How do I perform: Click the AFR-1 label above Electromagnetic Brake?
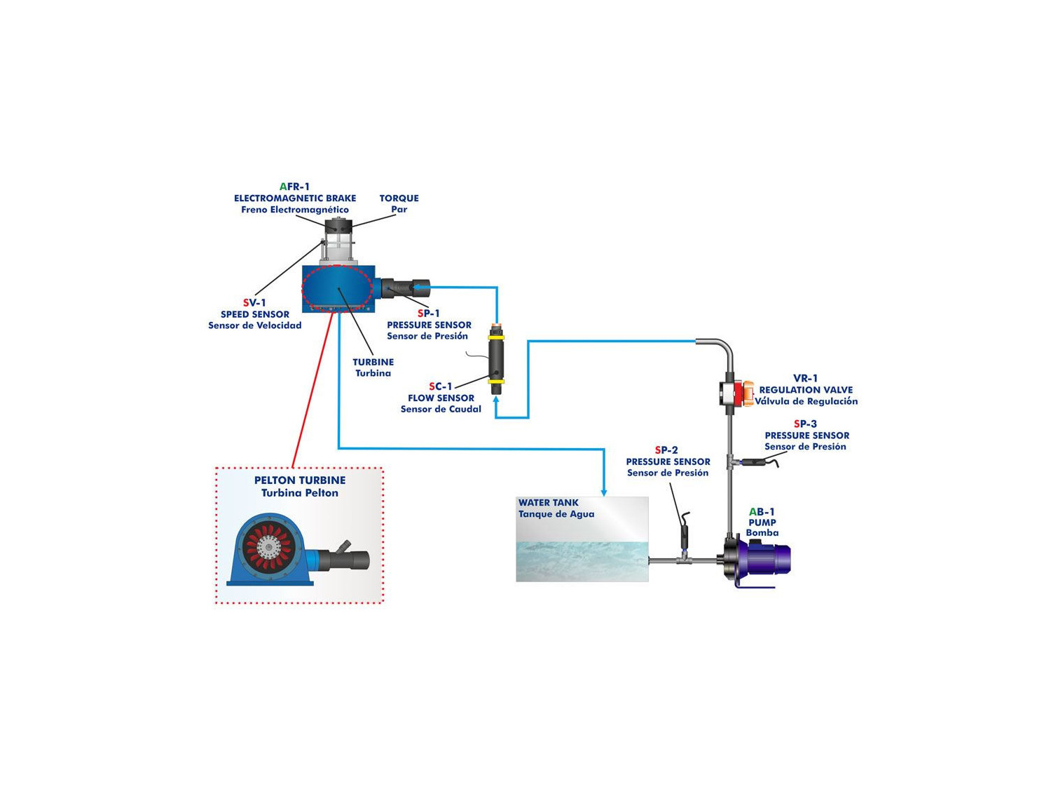coord(294,187)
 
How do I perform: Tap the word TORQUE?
coord(399,198)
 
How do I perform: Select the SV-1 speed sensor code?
coord(254,303)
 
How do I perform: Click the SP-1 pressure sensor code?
coord(428,313)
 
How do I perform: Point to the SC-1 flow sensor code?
coord(441,386)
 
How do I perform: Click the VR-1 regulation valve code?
coord(805,379)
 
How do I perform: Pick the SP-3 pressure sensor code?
coord(805,424)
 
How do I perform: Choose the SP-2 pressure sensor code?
coord(666,450)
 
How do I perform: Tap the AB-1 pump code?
coord(762,512)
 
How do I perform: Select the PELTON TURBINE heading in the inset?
coord(299,480)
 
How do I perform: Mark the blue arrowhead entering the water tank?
coord(604,492)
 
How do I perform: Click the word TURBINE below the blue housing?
coord(373,363)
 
